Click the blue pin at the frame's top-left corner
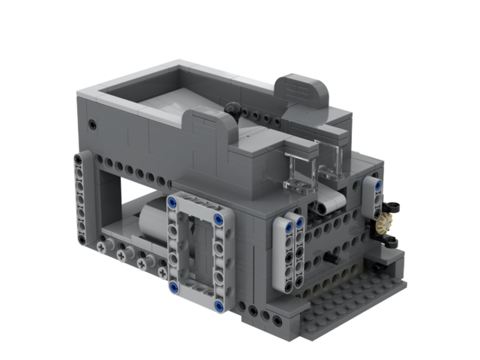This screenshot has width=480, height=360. tap(170, 201)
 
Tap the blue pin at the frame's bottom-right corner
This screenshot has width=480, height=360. tap(219, 306)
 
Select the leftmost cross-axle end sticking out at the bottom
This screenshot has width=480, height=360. tap(102, 247)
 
